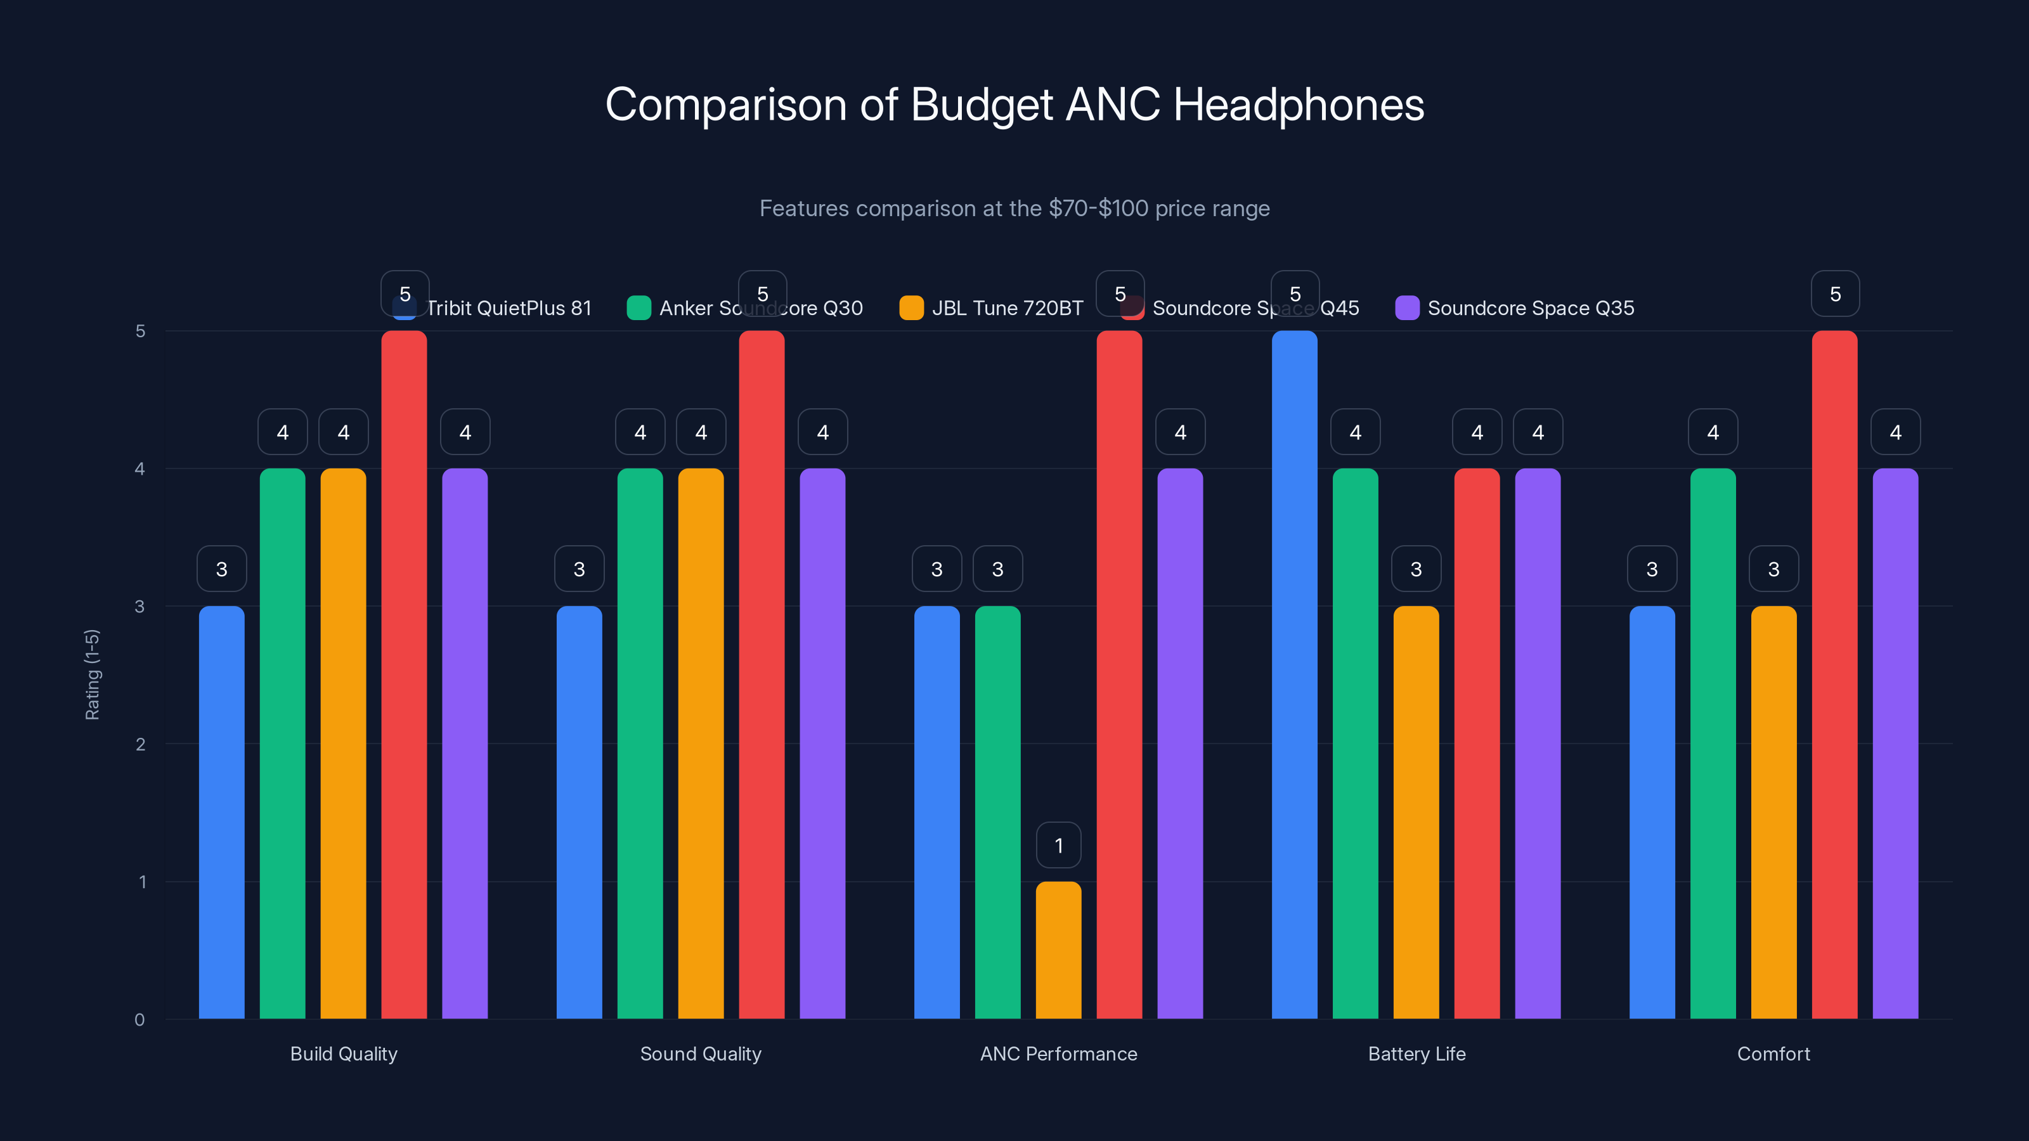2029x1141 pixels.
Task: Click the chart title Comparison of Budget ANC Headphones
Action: click(1014, 104)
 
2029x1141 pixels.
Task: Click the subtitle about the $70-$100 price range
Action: click(1014, 208)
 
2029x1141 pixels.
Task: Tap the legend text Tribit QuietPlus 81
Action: click(509, 308)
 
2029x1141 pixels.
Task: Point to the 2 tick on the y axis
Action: click(140, 744)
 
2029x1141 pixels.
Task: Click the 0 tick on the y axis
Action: click(140, 1020)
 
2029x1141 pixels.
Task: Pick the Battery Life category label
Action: click(1416, 1054)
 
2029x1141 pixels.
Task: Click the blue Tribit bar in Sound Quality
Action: click(579, 811)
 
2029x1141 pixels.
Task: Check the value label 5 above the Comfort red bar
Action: click(1834, 293)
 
